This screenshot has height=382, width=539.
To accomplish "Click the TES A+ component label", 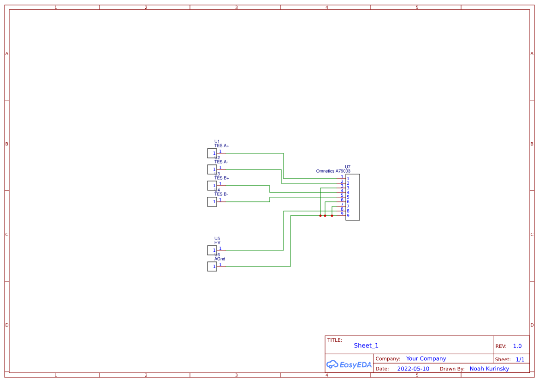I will point(221,146).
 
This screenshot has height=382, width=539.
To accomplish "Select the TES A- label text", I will point(221,162).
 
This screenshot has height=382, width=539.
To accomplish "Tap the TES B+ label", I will point(221,178).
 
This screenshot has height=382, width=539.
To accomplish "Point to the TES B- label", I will point(221,194).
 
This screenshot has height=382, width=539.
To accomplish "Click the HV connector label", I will point(217,243).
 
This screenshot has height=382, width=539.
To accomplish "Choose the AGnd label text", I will point(219,259).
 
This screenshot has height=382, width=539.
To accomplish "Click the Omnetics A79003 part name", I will point(333,171).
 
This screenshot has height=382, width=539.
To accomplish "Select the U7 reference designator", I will point(348,167).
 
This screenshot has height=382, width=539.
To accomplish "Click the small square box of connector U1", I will point(212,153).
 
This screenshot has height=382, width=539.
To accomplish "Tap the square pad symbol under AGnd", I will point(212,267).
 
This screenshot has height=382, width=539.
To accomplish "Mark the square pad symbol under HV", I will point(212,250).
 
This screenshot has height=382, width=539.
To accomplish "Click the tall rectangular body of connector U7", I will point(353,197).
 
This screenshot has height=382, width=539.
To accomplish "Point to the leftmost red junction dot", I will point(320,216).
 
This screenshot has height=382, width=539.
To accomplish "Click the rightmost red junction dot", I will point(332,216).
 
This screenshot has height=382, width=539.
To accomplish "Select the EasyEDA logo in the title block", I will point(349,364).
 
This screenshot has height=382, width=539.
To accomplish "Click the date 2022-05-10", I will point(413,369).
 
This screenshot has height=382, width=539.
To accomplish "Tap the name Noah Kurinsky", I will point(489,369).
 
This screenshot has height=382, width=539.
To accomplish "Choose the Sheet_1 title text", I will point(366,346).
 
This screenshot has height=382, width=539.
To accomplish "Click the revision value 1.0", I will point(517,346).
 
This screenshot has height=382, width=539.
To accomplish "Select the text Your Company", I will point(426,358).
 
